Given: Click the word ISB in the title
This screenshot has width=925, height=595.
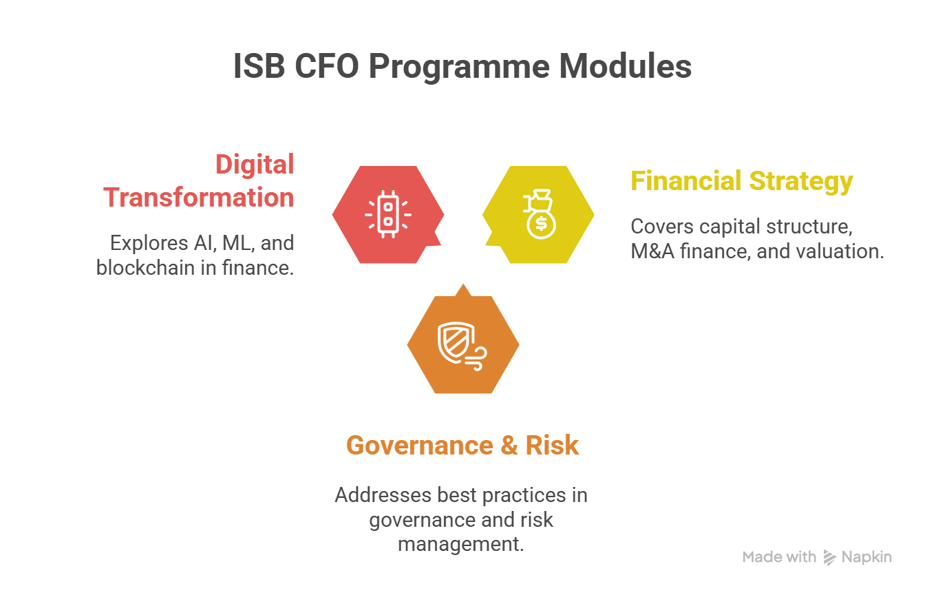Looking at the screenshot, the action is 259,66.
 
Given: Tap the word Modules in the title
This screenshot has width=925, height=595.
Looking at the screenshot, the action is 625,66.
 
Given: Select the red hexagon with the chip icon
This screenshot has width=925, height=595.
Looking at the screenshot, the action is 388,214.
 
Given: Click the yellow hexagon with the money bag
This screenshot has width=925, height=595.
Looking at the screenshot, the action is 538,214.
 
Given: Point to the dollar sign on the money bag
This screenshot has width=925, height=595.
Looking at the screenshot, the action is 541,225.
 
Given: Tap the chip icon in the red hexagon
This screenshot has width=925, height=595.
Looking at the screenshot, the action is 388,214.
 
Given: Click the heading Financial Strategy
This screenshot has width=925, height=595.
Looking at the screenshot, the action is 742,182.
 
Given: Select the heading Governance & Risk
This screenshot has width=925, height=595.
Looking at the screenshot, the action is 463,446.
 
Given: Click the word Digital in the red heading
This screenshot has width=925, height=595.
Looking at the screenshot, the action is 255,165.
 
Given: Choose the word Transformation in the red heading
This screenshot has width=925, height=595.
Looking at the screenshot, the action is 199,197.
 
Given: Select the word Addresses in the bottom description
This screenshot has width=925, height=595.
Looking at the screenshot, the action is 383,495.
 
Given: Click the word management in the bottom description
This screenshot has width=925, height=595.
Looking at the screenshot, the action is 461,544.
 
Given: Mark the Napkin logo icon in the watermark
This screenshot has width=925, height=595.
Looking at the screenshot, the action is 829,557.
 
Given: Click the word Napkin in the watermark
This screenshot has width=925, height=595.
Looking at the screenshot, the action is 866,557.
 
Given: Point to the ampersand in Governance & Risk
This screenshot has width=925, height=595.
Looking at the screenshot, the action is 509,446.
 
